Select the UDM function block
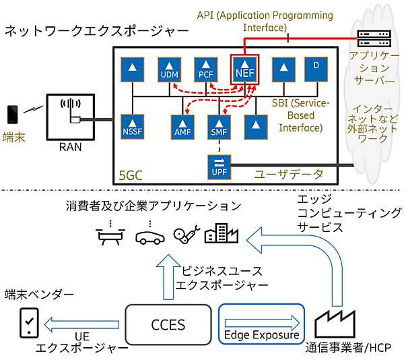[x=168, y=70]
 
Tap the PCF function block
[x=206, y=70]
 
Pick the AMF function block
[x=182, y=124]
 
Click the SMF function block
[x=218, y=124]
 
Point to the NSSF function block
[x=132, y=124]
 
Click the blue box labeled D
[x=315, y=69]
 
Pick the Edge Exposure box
[x=262, y=324]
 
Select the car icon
[x=148, y=236]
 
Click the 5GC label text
[x=129, y=177]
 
